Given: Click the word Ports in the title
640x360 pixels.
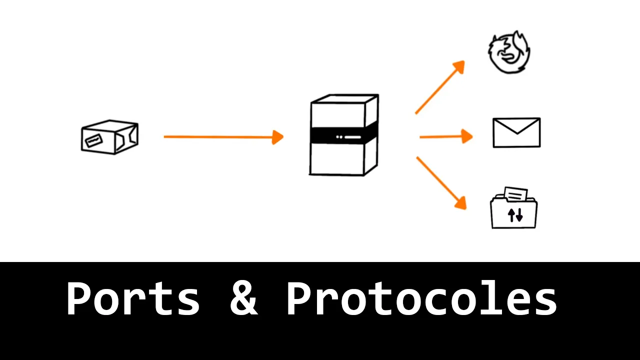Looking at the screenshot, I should tap(132, 298).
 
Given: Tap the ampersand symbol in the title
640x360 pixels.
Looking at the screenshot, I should tap(243, 298).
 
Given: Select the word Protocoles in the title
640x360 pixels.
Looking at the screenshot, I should tap(421, 298).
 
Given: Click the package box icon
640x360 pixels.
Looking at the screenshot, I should tap(110, 136).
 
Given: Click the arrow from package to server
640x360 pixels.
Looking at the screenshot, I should tap(223, 136).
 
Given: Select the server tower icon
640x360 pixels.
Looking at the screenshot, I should tap(344, 135).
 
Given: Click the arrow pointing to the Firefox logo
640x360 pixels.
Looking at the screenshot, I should tap(439, 88).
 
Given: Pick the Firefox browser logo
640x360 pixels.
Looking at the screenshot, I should tap(509, 53).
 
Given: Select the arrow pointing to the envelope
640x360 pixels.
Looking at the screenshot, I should tap(445, 136).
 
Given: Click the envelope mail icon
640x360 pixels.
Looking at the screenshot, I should tap(516, 132).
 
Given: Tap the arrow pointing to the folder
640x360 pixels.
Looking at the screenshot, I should tap(440, 182).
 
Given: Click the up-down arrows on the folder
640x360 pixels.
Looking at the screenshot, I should tap(515, 215).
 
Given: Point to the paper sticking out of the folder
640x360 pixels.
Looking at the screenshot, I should tap(515, 193).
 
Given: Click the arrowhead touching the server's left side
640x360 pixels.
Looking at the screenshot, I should tap(278, 137).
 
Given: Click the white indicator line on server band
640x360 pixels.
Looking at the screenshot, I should tap(352, 137).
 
